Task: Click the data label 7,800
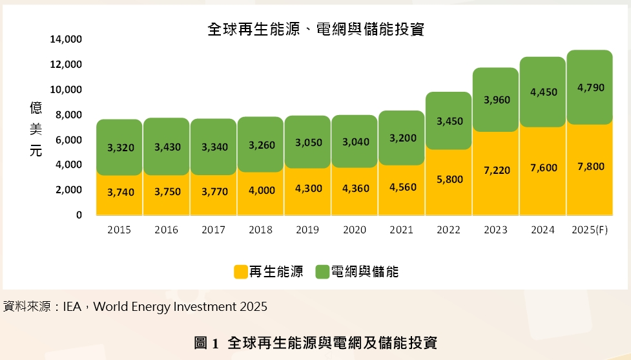(x=590, y=167)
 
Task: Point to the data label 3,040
(x=355, y=142)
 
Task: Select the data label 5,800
(x=450, y=179)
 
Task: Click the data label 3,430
(x=167, y=147)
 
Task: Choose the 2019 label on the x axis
(x=307, y=229)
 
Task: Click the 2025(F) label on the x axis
(x=590, y=229)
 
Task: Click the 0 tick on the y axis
(x=79, y=215)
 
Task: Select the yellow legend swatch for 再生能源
(x=240, y=272)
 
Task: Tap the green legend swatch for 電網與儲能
(x=322, y=272)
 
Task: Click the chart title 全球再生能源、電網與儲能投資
(x=315, y=29)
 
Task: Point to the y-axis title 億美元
(x=36, y=129)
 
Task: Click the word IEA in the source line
(x=72, y=306)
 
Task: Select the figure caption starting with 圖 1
(x=315, y=343)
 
